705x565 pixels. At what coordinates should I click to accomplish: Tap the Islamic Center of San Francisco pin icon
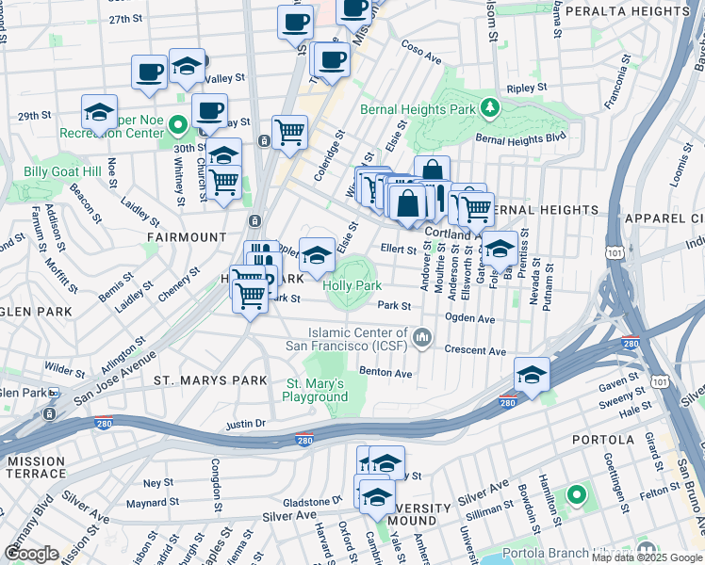click(x=423, y=336)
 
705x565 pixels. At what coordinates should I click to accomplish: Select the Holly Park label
click(x=352, y=285)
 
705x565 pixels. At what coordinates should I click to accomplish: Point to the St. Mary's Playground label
click(x=317, y=390)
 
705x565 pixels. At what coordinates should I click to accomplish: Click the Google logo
click(x=33, y=554)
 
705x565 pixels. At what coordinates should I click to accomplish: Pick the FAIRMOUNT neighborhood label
click(x=187, y=237)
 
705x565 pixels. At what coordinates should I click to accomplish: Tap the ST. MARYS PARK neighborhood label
click(x=199, y=379)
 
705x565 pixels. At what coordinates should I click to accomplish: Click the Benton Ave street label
click(x=386, y=373)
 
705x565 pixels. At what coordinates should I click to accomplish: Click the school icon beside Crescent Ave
click(x=532, y=374)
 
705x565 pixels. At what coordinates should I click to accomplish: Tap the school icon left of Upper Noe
click(x=99, y=112)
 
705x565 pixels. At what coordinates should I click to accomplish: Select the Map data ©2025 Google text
click(x=648, y=557)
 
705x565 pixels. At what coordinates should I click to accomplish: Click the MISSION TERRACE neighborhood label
click(x=36, y=468)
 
